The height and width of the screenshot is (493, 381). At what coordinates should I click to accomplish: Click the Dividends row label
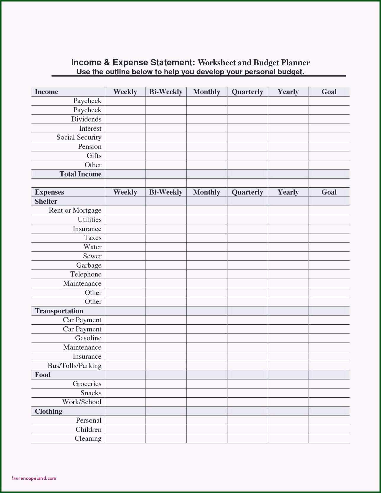86,119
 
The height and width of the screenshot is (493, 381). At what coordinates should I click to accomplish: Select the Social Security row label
79,137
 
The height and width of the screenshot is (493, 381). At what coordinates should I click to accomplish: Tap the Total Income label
80,174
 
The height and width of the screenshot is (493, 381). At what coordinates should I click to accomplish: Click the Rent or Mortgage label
75,210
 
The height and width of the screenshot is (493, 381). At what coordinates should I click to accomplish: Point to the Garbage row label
89,265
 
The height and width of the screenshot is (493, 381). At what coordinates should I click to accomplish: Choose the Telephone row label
86,274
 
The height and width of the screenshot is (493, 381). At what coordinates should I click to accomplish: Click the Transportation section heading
59,311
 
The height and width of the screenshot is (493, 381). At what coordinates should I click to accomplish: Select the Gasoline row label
88,338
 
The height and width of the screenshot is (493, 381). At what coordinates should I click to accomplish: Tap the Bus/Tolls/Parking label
74,366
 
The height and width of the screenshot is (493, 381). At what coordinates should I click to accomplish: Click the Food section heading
43,375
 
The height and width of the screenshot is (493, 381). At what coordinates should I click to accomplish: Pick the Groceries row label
87,384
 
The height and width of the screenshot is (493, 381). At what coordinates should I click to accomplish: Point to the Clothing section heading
49,411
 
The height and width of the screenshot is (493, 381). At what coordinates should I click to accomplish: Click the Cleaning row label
88,438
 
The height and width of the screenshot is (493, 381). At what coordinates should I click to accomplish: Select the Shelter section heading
46,201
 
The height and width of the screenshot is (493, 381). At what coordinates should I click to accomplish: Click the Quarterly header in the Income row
247,92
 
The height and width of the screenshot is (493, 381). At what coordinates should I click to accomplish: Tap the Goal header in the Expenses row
329,192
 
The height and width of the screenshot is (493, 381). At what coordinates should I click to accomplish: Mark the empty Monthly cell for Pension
207,147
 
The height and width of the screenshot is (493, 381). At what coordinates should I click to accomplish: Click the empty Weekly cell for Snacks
125,393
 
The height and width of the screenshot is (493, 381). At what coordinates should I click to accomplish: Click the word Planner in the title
296,63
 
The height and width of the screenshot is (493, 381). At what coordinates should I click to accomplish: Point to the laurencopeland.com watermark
34,478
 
